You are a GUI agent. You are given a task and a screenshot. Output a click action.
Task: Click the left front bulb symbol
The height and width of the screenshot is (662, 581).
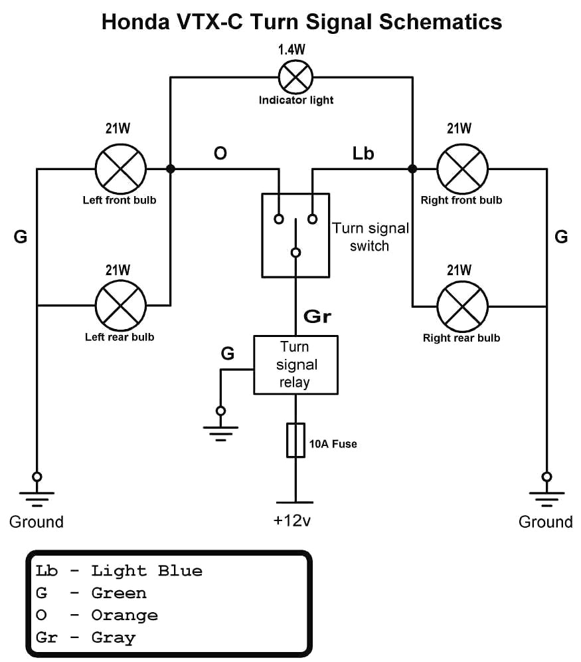pyautogui.click(x=120, y=169)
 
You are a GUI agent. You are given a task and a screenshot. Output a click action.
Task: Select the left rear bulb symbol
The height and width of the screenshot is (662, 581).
pyautogui.click(x=120, y=306)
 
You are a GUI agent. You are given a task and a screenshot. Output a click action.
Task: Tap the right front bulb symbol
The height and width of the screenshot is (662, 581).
pyautogui.click(x=462, y=169)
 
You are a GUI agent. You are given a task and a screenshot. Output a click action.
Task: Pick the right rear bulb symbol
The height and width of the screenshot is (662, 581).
pyautogui.click(x=462, y=306)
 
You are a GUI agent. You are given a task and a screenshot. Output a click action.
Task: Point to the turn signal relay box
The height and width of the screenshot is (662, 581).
pyautogui.click(x=296, y=365)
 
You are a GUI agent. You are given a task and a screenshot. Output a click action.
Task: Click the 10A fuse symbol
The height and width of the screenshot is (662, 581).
pyautogui.click(x=296, y=440)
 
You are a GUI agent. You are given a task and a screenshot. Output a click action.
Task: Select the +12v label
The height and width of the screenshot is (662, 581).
pyautogui.click(x=293, y=520)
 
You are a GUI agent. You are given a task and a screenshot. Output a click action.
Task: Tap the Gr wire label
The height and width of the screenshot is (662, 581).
pyautogui.click(x=317, y=316)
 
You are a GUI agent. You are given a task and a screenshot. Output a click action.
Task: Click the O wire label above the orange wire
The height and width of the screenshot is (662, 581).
pyautogui.click(x=220, y=154)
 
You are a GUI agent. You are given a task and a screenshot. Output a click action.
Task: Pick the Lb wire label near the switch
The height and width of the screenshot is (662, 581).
pyautogui.click(x=363, y=154)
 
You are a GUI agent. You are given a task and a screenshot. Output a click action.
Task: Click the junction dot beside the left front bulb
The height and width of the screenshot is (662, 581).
pyautogui.click(x=171, y=169)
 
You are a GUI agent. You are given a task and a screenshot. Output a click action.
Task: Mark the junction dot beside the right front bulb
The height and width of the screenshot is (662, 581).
pyautogui.click(x=412, y=169)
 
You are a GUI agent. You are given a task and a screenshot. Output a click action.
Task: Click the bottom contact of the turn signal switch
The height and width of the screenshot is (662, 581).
pyautogui.click(x=296, y=253)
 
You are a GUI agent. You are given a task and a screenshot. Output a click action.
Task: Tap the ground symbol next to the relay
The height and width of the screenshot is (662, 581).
pyautogui.click(x=221, y=425)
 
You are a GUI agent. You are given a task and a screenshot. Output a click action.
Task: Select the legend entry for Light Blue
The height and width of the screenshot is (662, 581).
pyautogui.click(x=120, y=570)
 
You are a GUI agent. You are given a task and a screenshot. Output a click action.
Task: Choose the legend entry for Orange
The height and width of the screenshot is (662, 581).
pyautogui.click(x=98, y=615)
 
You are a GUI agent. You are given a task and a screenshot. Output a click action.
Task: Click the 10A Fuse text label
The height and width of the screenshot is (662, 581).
pyautogui.click(x=333, y=443)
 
